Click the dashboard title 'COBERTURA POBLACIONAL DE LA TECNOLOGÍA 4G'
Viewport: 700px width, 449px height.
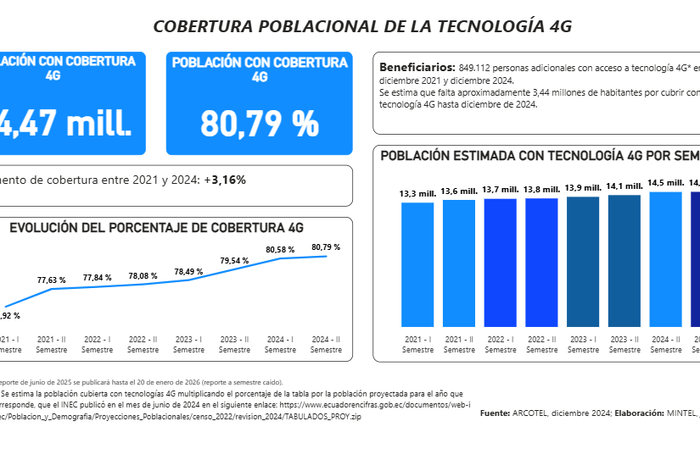(x=362, y=26)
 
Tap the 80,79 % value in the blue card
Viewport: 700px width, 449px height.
(x=259, y=123)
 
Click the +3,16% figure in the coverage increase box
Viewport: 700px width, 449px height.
(x=228, y=180)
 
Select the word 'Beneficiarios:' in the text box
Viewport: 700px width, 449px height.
(x=417, y=66)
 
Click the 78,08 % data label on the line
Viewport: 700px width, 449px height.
(x=143, y=275)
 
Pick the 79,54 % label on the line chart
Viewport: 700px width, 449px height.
(x=234, y=260)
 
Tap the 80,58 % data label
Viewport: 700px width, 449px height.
(x=280, y=250)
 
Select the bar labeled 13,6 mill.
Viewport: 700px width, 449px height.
(x=459, y=263)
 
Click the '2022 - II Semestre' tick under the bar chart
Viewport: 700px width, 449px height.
(x=542, y=344)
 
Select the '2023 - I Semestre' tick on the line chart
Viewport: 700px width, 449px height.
(x=188, y=344)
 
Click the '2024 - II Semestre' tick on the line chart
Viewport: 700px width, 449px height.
(x=326, y=344)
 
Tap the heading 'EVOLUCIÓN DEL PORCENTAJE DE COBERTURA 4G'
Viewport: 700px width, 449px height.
(x=156, y=228)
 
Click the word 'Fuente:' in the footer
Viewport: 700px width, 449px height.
(x=495, y=413)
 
